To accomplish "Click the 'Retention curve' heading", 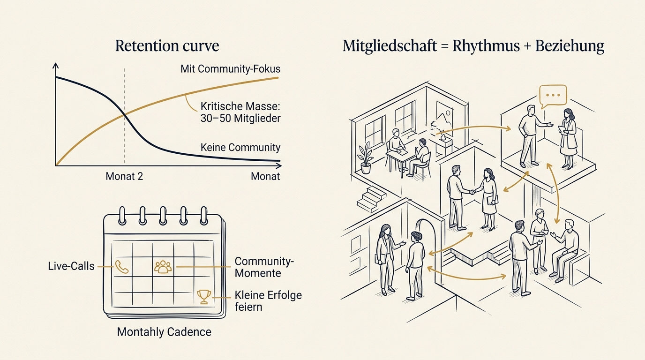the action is [167, 46].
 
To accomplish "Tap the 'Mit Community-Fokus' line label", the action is [230, 69].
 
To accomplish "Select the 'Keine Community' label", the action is [240, 148].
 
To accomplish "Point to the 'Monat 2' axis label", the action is [124, 176].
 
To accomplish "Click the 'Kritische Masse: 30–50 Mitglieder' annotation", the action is [240, 112].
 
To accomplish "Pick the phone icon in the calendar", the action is [121, 267].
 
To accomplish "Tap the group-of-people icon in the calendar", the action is [163, 267].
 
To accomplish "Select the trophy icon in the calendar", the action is [204, 297].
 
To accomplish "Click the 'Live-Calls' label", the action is [71, 266].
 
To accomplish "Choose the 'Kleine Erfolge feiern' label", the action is [268, 301].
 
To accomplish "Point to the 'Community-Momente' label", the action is [264, 267].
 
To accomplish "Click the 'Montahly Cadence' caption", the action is [164, 332].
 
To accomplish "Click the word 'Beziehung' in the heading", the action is [570, 46].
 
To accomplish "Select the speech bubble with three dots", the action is [553, 96].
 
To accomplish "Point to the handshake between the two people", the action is [472, 192].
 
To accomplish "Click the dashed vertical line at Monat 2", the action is [124, 116].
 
